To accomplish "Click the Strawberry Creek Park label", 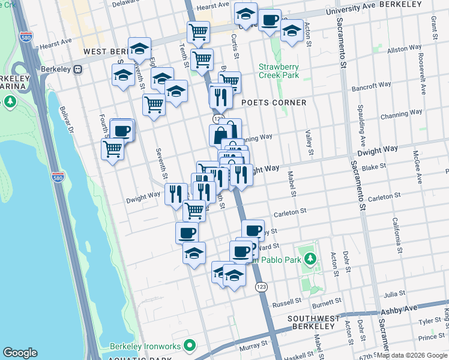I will [x=279, y=71].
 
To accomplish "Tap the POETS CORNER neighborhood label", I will [x=274, y=103].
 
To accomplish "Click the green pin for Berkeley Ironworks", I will [x=190, y=346].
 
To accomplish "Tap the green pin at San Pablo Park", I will [x=310, y=260].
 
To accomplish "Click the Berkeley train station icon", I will [x=77, y=69].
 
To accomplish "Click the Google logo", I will [x=20, y=353].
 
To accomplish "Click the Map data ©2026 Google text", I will [x=412, y=355].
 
